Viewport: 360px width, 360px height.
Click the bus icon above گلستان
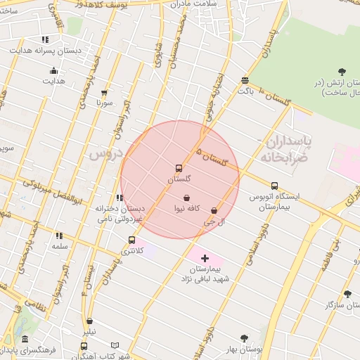pos(179,169)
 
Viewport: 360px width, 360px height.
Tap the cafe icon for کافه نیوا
pos(186,198)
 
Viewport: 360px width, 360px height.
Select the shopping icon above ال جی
pos(214,210)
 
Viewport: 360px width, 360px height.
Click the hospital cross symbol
pos(205,259)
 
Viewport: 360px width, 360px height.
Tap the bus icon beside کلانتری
pos(131,240)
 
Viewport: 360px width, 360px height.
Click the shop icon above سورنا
pos(105,92)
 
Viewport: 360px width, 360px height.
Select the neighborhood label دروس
pos(106,153)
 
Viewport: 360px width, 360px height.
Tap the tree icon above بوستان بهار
pos(244,338)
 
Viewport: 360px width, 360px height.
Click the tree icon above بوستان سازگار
pos(347,294)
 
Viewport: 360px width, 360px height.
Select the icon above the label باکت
pos(244,80)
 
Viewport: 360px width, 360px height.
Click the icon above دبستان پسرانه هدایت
pos(46,40)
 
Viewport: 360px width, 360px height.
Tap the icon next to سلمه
pos(58,236)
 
